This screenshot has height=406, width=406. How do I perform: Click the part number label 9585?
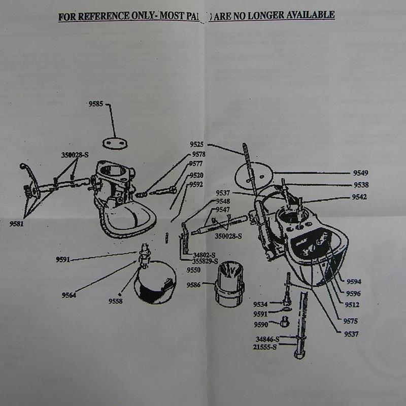95,104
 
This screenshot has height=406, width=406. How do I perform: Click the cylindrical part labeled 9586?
229,286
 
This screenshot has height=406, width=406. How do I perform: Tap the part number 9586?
195,285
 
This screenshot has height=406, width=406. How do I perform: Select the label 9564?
69,295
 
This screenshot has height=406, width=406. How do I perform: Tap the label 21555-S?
266,347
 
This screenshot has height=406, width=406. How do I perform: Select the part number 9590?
260,324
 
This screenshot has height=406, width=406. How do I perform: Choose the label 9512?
352,305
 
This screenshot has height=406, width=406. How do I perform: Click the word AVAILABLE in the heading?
307,15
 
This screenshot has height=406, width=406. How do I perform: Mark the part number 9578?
198,154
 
